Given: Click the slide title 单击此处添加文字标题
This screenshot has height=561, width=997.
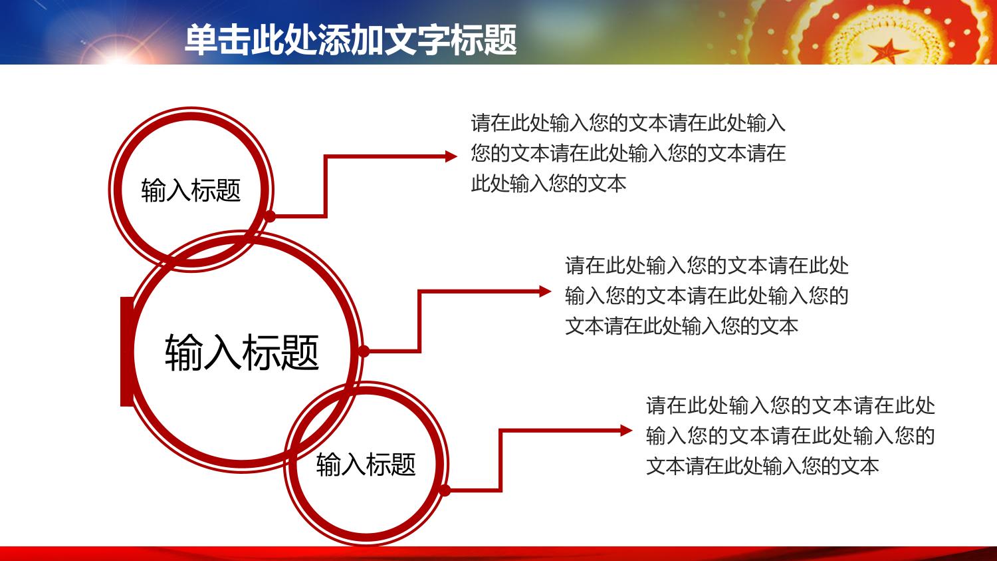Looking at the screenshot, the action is tap(351, 40).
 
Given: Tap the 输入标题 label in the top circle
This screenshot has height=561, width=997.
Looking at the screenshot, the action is tap(191, 190).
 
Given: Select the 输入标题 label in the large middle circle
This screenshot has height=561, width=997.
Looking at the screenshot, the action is tap(242, 352).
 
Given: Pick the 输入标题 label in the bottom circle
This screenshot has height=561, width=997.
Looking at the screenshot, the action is tap(366, 465).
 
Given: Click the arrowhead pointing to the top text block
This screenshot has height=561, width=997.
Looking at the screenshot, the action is tap(451, 156).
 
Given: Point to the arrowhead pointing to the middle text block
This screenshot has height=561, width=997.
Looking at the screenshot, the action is tap(545, 291).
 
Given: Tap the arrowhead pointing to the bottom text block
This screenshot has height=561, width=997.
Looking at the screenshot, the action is tap(626, 431).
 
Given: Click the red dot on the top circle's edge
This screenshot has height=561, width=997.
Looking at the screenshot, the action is tap(270, 216).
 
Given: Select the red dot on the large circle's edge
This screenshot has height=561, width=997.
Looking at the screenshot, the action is tap(364, 351).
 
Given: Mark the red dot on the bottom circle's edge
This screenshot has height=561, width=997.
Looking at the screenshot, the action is tap(445, 490).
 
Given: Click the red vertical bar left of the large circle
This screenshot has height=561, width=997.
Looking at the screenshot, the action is tap(127, 351).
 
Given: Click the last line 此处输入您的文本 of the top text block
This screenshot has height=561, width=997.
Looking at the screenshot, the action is tap(548, 184).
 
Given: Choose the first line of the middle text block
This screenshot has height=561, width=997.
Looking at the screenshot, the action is tap(707, 266).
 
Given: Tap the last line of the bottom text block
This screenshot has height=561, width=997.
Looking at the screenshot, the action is tap(762, 466).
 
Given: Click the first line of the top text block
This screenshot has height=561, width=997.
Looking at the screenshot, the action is tap(628, 123).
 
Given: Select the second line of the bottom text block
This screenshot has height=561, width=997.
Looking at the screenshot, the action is tap(790, 436).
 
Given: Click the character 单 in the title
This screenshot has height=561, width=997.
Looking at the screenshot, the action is tap(201, 40).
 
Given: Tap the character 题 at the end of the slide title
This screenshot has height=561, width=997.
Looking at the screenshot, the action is tap(500, 40).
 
